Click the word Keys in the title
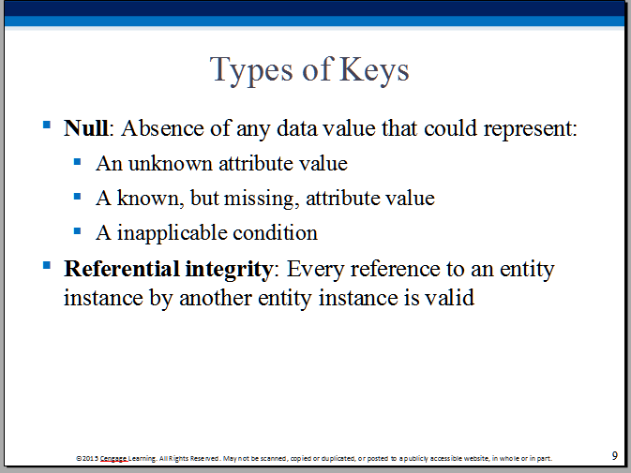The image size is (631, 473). point(374,71)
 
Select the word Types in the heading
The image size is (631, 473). point(251,71)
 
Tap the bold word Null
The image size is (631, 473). point(85,128)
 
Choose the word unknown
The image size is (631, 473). point(171,163)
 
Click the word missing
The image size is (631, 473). point(261,199)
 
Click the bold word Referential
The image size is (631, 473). point(122,269)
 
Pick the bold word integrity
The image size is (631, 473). point(229,270)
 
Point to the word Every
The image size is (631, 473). point(315,270)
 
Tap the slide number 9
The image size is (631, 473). point(614,456)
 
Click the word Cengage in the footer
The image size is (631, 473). point(113,459)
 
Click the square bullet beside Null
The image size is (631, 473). point(47,125)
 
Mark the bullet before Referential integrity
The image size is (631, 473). point(47,265)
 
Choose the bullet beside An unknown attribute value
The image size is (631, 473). point(77,162)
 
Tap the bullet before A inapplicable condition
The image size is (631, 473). point(77,231)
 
